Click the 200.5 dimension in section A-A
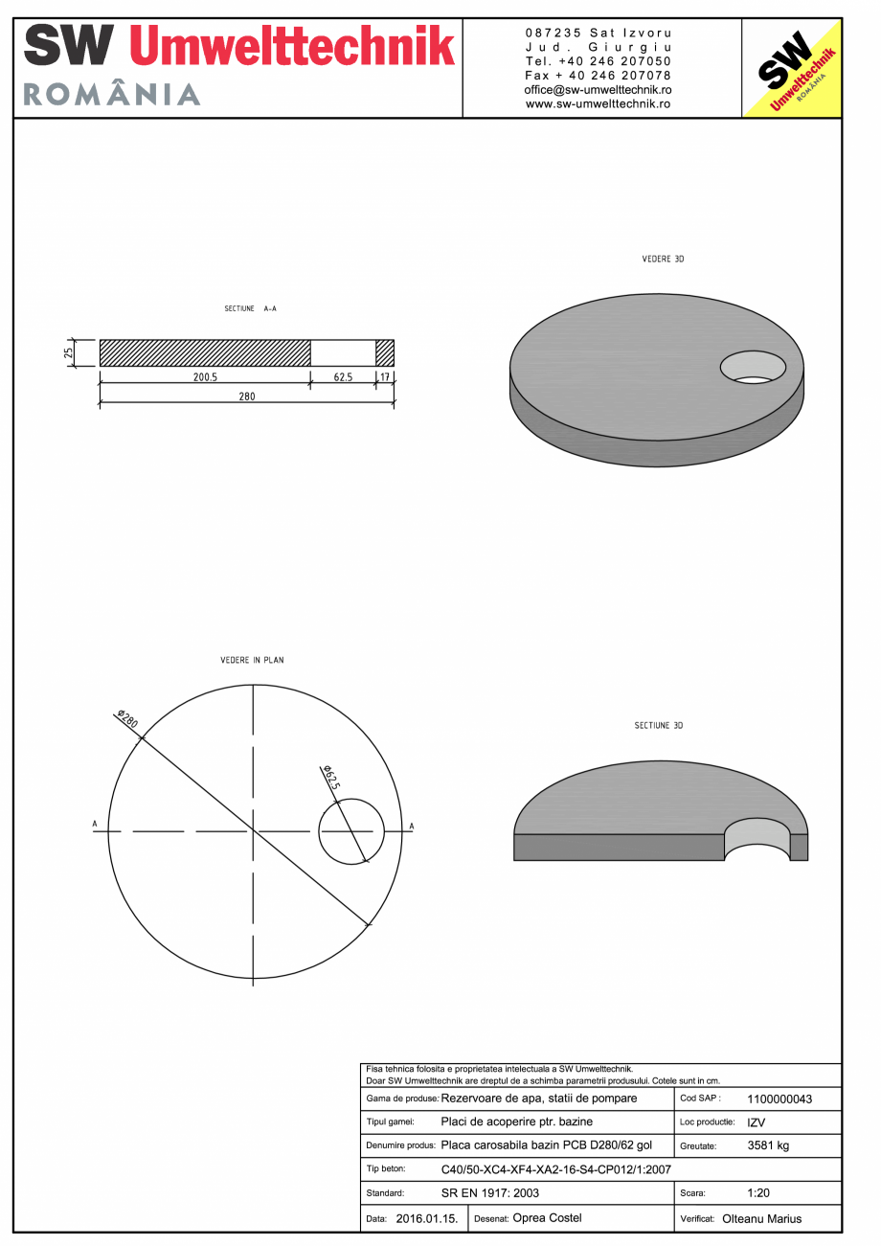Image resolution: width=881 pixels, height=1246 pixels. click(205, 377)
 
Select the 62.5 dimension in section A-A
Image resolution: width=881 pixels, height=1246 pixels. click(343, 377)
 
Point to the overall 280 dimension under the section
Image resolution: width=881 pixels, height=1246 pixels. click(247, 396)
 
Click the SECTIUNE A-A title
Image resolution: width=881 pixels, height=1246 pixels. click(251, 309)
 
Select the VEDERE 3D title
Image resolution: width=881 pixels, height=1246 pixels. click(663, 260)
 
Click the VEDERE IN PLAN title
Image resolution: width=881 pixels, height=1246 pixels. click(252, 660)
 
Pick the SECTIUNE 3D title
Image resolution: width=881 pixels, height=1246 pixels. click(659, 726)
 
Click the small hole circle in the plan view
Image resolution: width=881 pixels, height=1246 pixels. click(351, 831)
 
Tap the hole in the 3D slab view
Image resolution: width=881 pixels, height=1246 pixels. click(753, 368)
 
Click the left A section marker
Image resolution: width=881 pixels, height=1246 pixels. click(95, 824)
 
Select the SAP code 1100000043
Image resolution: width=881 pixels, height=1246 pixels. click(779, 1099)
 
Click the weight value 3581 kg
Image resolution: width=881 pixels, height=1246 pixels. click(768, 1145)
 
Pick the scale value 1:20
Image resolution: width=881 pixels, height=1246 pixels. click(758, 1193)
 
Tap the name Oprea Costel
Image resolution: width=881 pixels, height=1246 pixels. click(547, 1218)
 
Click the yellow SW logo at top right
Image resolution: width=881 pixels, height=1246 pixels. click(792, 68)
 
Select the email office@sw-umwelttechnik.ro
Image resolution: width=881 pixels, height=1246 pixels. click(598, 89)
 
